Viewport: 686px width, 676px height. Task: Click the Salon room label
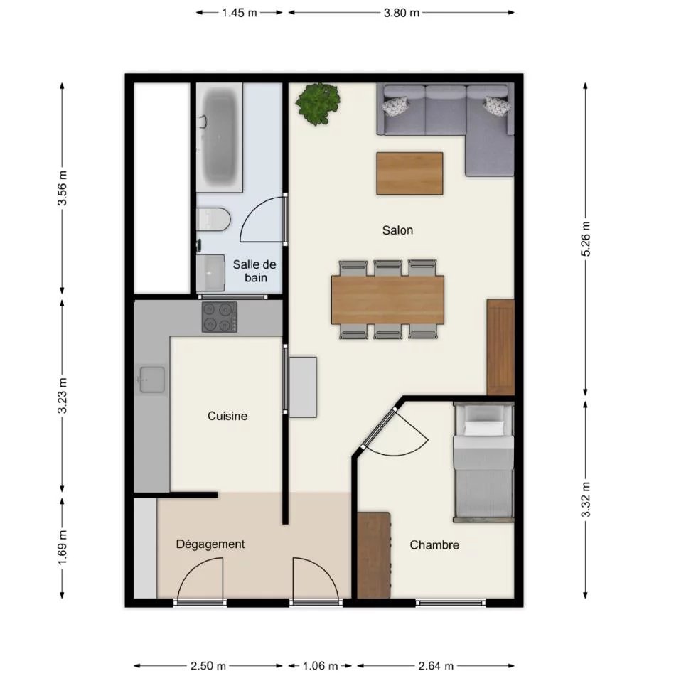[x=397, y=230]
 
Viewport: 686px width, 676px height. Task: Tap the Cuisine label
[x=227, y=416]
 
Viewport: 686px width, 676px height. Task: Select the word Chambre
[x=434, y=544]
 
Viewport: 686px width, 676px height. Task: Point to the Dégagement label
[x=210, y=544]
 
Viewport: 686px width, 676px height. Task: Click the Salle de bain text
[x=254, y=271]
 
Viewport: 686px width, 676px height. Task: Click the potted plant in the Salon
[x=318, y=104]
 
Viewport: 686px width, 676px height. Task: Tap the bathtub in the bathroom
[x=219, y=137]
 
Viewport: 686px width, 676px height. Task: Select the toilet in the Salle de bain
[x=213, y=219]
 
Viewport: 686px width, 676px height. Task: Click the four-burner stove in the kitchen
[x=219, y=317]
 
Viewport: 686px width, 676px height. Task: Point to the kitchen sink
[x=152, y=380]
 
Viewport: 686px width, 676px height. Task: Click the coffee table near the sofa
[x=409, y=173]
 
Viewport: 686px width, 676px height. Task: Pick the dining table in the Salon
[x=387, y=300]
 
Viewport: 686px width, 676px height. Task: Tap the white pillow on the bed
[x=484, y=428]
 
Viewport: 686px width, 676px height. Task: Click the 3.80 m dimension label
[x=402, y=13]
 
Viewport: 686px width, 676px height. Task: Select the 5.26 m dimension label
[x=586, y=239]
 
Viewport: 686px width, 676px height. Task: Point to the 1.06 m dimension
[x=320, y=666]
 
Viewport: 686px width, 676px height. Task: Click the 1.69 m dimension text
[x=63, y=547]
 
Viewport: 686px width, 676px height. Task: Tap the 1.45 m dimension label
[x=240, y=13]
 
